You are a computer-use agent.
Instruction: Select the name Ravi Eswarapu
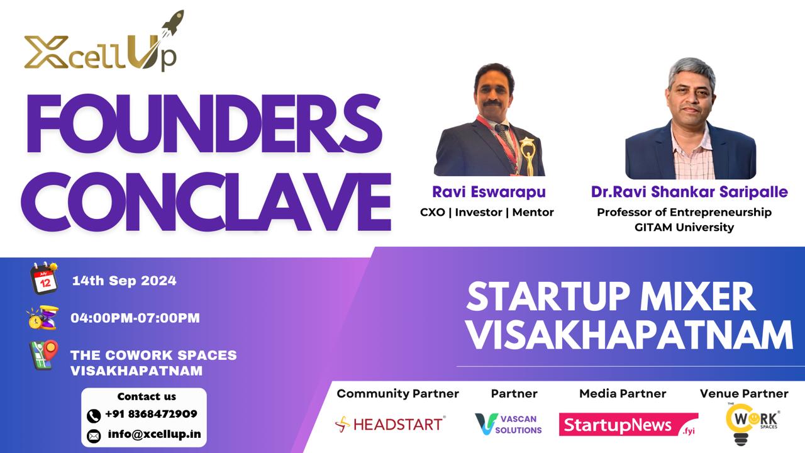pos(488,191)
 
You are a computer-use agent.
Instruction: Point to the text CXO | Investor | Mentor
pos(487,212)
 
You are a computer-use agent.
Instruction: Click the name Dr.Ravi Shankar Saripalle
pos(689,191)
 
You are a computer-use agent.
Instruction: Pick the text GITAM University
pos(684,228)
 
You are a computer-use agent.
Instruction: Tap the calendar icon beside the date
pos(45,279)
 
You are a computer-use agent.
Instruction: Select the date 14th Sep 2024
pos(124,281)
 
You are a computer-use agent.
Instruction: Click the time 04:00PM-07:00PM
pos(135,318)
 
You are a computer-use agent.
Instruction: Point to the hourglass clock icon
pos(42,318)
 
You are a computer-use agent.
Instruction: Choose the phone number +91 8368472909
pos(150,414)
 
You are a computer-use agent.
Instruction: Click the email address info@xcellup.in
pos(154,434)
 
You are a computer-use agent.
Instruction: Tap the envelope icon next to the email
pos(94,435)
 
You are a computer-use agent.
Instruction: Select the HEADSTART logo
pos(390,424)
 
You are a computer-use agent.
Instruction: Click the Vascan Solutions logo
pos(508,424)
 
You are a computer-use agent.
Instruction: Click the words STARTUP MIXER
pos(610,296)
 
